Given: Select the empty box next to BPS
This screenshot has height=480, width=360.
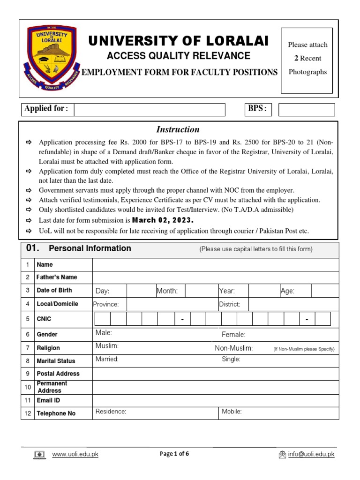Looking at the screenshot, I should click(307, 110).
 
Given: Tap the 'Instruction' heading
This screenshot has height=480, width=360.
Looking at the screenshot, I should click(178, 129).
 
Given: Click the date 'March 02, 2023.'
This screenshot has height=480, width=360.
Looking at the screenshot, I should click(163, 220).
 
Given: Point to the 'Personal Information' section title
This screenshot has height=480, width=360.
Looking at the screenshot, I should click(90, 248).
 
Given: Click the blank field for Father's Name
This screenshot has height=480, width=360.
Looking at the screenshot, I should click(215, 277).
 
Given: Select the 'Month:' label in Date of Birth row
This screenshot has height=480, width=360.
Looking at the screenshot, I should click(167, 291).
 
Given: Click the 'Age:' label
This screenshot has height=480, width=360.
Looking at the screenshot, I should click(287, 291).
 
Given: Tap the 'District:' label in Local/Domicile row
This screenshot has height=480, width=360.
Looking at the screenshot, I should click(230, 304).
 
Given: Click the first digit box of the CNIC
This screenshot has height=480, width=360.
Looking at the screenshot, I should click(103, 319).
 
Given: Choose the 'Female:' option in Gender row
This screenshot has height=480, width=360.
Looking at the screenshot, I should click(233, 334).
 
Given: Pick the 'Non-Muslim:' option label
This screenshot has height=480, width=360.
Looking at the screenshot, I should click(234, 348).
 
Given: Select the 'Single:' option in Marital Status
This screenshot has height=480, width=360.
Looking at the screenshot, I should click(231, 359).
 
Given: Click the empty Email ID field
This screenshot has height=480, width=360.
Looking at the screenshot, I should click(215, 400).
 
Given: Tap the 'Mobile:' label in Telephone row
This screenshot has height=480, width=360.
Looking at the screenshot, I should click(232, 412).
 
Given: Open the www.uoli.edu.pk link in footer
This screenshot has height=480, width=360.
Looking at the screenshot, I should click(75, 454).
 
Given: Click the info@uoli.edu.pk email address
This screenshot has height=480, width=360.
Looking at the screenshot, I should click(311, 454).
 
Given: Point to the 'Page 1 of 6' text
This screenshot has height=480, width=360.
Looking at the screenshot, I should click(174, 454).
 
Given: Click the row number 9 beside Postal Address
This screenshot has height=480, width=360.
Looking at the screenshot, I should click(28, 374).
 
